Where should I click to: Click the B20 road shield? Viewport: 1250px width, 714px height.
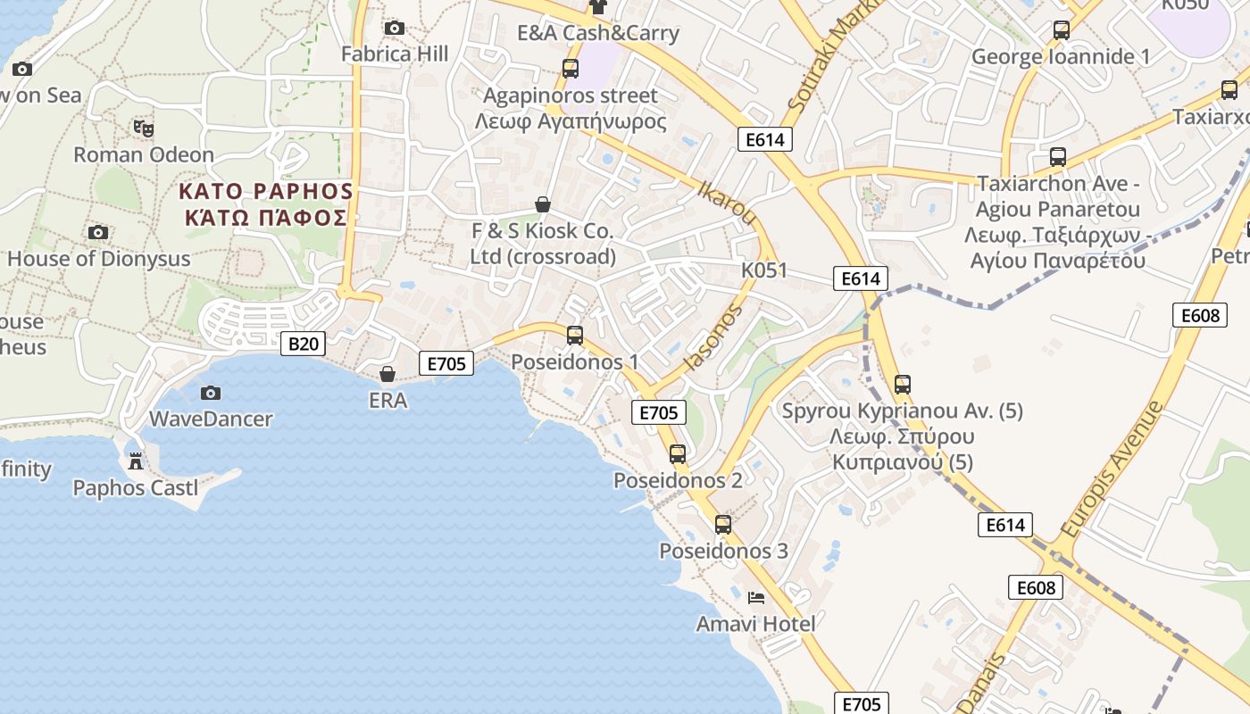click(x=303, y=344)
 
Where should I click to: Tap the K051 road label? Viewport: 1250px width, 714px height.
click(x=764, y=270)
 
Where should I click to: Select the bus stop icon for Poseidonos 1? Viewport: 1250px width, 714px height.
click(x=575, y=336)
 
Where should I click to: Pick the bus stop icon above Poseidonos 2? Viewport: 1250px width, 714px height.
click(x=678, y=454)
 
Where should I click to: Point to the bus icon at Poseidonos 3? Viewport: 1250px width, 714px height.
click(x=723, y=525)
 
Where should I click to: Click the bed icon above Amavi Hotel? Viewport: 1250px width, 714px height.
click(x=756, y=597)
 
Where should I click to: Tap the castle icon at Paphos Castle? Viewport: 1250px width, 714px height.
click(x=136, y=461)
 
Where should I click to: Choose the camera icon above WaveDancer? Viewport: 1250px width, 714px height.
click(x=211, y=393)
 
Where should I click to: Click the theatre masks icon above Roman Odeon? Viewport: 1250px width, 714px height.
click(x=143, y=129)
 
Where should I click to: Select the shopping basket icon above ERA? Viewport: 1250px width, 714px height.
click(x=387, y=374)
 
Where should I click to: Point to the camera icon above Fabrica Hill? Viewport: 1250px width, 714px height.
click(x=394, y=29)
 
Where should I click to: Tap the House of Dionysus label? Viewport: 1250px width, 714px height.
click(x=99, y=259)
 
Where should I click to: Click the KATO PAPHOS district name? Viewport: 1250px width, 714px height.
click(x=266, y=192)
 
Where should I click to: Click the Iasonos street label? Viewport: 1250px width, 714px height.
click(x=712, y=337)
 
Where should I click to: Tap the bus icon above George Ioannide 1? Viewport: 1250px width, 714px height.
click(x=1061, y=30)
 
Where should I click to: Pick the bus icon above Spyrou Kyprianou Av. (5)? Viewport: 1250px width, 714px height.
click(x=903, y=385)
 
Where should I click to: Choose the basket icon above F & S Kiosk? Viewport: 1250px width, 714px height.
click(x=542, y=204)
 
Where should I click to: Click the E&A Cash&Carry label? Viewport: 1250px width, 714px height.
click(x=598, y=34)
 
